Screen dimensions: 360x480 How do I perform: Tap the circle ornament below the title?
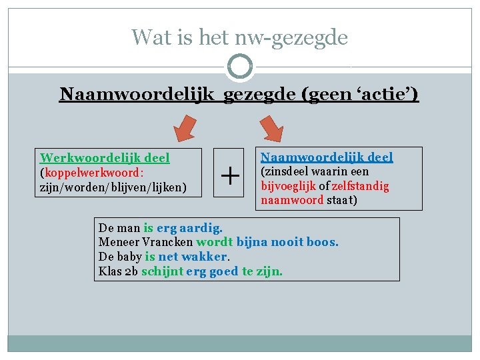point(240,67)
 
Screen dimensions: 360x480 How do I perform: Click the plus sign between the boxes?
point(230,177)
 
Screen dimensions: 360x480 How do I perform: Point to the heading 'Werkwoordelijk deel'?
point(105,158)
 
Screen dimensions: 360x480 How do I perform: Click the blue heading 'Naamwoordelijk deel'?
point(327,157)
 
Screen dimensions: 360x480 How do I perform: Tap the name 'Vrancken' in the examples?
point(167,241)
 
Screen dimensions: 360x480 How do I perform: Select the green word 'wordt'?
point(214,241)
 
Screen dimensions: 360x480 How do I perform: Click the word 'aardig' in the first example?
point(202,227)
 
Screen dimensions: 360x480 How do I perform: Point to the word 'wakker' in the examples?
point(205,256)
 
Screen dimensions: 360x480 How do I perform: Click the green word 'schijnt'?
point(161,271)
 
